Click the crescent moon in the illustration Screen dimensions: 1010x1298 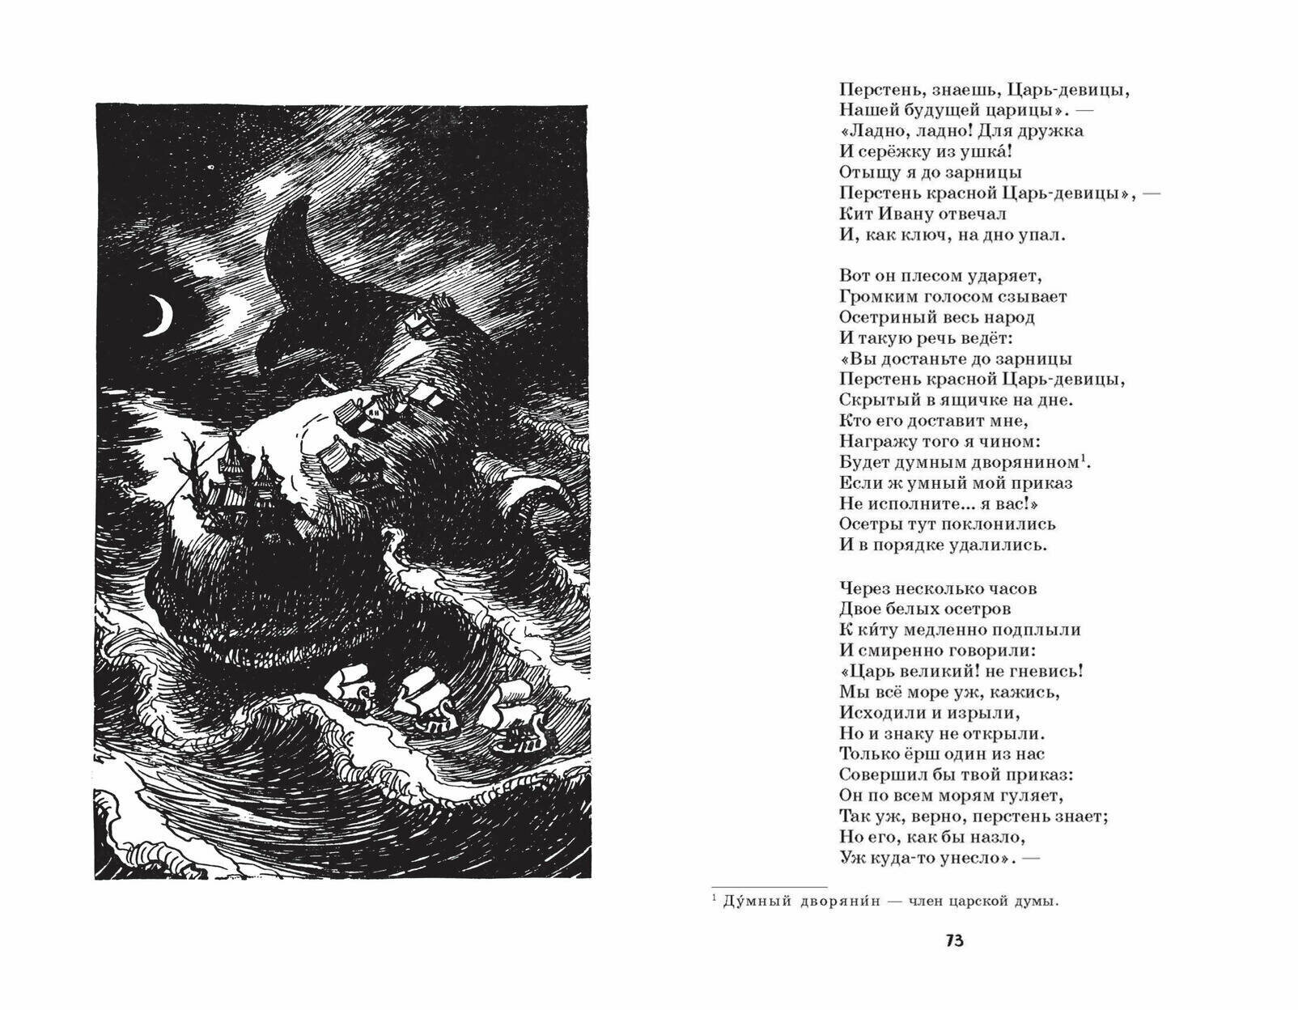point(163,316)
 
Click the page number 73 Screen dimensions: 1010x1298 point(954,941)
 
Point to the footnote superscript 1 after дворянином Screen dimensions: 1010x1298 point(1084,458)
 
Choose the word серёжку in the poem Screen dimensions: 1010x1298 point(897,151)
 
